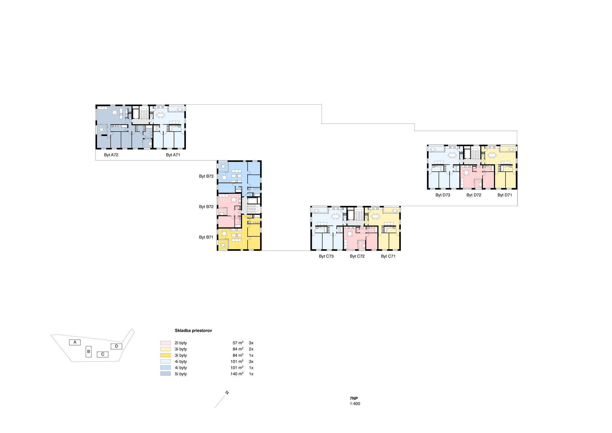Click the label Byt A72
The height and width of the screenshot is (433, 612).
click(111, 155)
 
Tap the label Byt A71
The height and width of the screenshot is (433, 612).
click(173, 155)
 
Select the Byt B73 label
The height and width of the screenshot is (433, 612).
click(206, 176)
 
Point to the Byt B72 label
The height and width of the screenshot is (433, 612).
click(206, 207)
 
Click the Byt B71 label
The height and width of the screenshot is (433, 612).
click(206, 237)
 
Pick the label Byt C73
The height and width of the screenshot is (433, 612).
click(326, 256)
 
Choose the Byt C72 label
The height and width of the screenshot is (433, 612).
click(357, 256)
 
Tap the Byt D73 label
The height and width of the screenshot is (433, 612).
click(443, 195)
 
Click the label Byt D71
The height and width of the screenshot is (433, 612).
click(505, 195)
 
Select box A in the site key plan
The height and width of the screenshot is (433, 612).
click(75, 342)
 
